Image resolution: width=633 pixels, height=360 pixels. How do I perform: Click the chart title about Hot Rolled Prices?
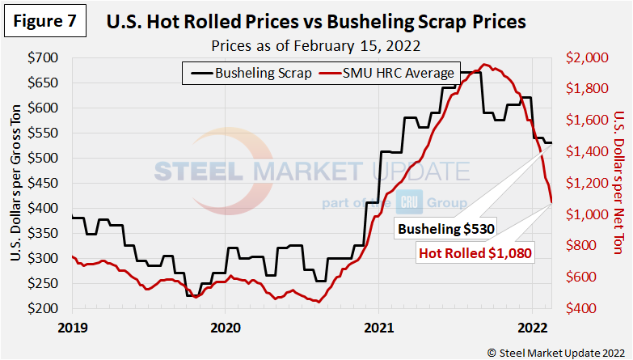pos(316,23)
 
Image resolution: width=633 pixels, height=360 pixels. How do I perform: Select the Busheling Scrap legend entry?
pos(249,73)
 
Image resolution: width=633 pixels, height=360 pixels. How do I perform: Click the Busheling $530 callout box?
pos(445,230)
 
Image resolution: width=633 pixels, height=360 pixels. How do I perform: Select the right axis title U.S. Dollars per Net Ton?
pos(618,184)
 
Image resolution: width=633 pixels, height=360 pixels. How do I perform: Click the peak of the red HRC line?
pos(484,65)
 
